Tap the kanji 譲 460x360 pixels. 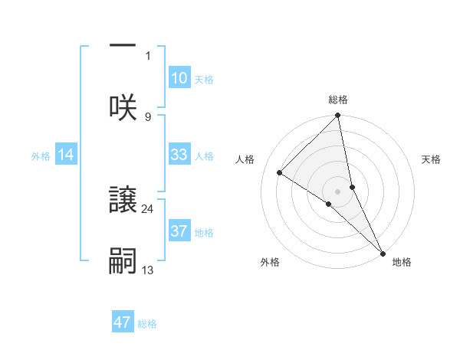123,199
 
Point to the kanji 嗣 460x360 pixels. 123,260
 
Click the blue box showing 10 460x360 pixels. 179,78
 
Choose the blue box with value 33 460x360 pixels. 179,155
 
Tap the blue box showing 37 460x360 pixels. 179,231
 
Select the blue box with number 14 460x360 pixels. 66,155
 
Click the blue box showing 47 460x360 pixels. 123,322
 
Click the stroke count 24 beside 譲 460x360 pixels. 148,208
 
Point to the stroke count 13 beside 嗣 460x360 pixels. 148,270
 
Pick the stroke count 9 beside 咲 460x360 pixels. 148,116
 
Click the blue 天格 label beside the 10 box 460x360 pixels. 204,80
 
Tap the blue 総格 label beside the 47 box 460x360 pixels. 147,324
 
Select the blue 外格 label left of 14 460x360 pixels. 41,156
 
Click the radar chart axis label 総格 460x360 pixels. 338,100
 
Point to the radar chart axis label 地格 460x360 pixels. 402,262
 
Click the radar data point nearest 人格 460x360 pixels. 280,173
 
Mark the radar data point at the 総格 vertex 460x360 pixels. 338,116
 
